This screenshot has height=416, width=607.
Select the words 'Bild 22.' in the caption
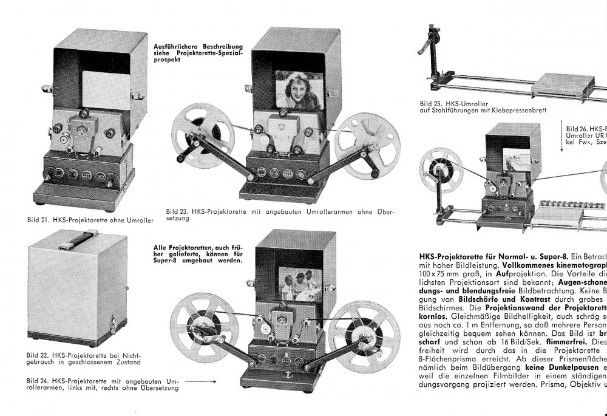(38, 355)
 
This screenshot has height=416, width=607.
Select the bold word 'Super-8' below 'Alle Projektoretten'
(168, 261)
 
